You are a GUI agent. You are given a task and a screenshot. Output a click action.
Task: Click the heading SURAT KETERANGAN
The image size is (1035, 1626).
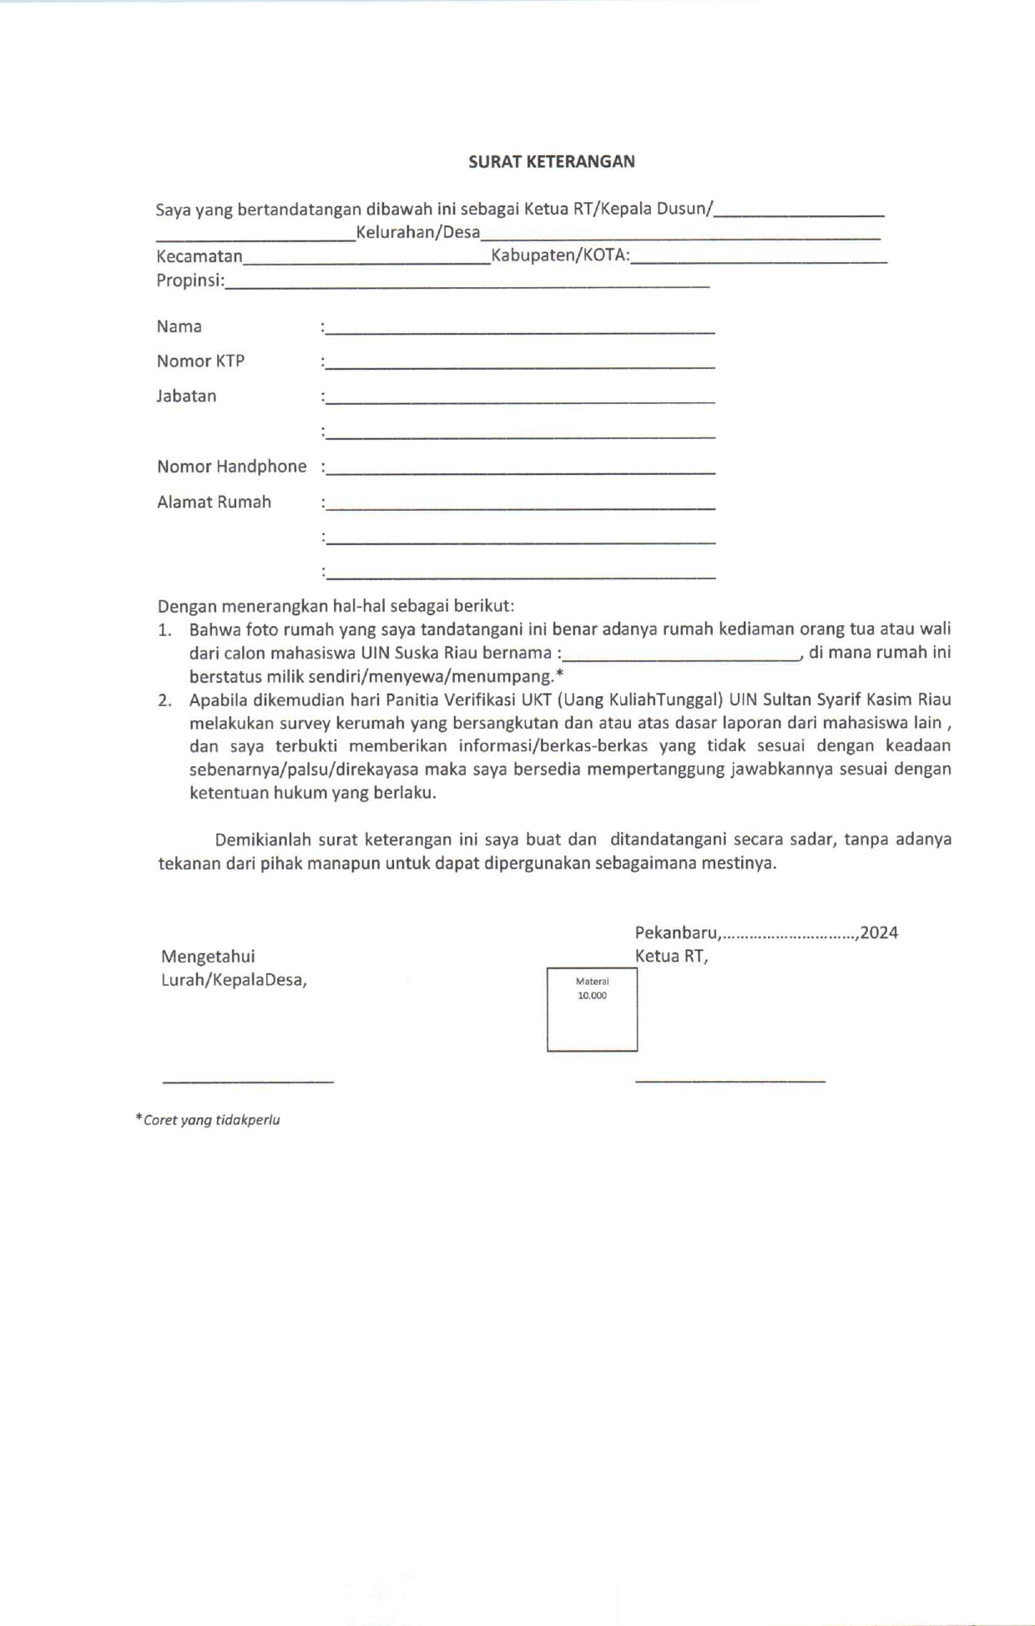tap(551, 162)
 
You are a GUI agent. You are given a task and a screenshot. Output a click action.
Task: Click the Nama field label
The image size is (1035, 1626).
tap(179, 326)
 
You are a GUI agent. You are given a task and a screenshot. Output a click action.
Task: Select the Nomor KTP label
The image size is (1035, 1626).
tap(200, 361)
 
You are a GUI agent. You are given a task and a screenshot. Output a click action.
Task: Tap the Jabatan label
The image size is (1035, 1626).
tap(186, 396)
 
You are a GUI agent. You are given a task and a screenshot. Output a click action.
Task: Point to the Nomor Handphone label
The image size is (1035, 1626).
tap(231, 467)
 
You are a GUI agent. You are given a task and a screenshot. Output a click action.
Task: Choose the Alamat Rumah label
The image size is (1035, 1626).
tap(214, 502)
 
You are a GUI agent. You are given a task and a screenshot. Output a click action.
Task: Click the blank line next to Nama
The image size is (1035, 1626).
tap(519, 330)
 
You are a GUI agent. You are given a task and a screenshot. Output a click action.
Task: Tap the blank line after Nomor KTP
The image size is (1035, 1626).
tap(519, 365)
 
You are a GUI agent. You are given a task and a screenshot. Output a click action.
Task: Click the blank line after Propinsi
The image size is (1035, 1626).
tap(467, 284)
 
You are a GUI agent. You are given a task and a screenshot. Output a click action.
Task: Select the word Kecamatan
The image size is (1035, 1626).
tap(199, 256)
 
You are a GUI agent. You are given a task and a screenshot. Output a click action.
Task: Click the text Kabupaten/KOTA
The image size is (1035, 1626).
tap(559, 255)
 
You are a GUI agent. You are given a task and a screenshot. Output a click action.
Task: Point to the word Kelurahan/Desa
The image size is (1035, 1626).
tap(417, 232)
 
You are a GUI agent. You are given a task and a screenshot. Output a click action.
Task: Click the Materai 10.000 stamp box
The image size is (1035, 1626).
tap(592, 1008)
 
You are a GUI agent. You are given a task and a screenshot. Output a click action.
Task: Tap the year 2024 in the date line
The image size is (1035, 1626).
tap(879, 933)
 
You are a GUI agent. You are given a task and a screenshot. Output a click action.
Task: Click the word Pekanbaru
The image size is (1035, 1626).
tap(676, 933)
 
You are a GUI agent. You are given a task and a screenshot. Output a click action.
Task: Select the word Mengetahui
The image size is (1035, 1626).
tap(208, 957)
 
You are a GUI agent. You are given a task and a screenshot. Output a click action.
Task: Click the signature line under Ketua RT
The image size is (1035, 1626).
tap(730, 1081)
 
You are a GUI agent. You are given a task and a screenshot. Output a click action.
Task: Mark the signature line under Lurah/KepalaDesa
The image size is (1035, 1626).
tap(248, 1081)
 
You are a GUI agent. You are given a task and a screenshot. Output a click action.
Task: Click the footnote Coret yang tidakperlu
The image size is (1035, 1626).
tap(210, 1120)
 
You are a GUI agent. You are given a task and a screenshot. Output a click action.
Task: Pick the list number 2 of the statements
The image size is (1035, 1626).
tap(164, 700)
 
